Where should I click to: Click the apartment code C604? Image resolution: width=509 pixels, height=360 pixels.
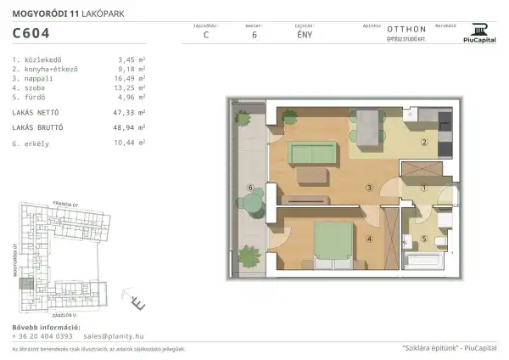click(x=31, y=33)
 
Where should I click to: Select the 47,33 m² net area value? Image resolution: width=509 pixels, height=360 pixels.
click(x=131, y=111)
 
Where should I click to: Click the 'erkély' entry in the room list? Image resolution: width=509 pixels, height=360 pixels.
click(x=35, y=144)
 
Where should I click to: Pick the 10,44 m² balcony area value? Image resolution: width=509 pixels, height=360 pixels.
click(x=131, y=144)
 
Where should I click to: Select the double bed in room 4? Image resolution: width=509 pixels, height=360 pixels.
click(x=333, y=239)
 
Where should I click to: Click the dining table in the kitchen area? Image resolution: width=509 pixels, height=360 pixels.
click(x=368, y=127)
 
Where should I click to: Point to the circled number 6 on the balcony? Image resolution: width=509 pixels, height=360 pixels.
click(x=249, y=188)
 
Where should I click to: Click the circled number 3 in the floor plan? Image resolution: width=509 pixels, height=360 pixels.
click(x=369, y=188)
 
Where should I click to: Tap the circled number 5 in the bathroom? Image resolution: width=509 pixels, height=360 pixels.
click(x=424, y=239)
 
